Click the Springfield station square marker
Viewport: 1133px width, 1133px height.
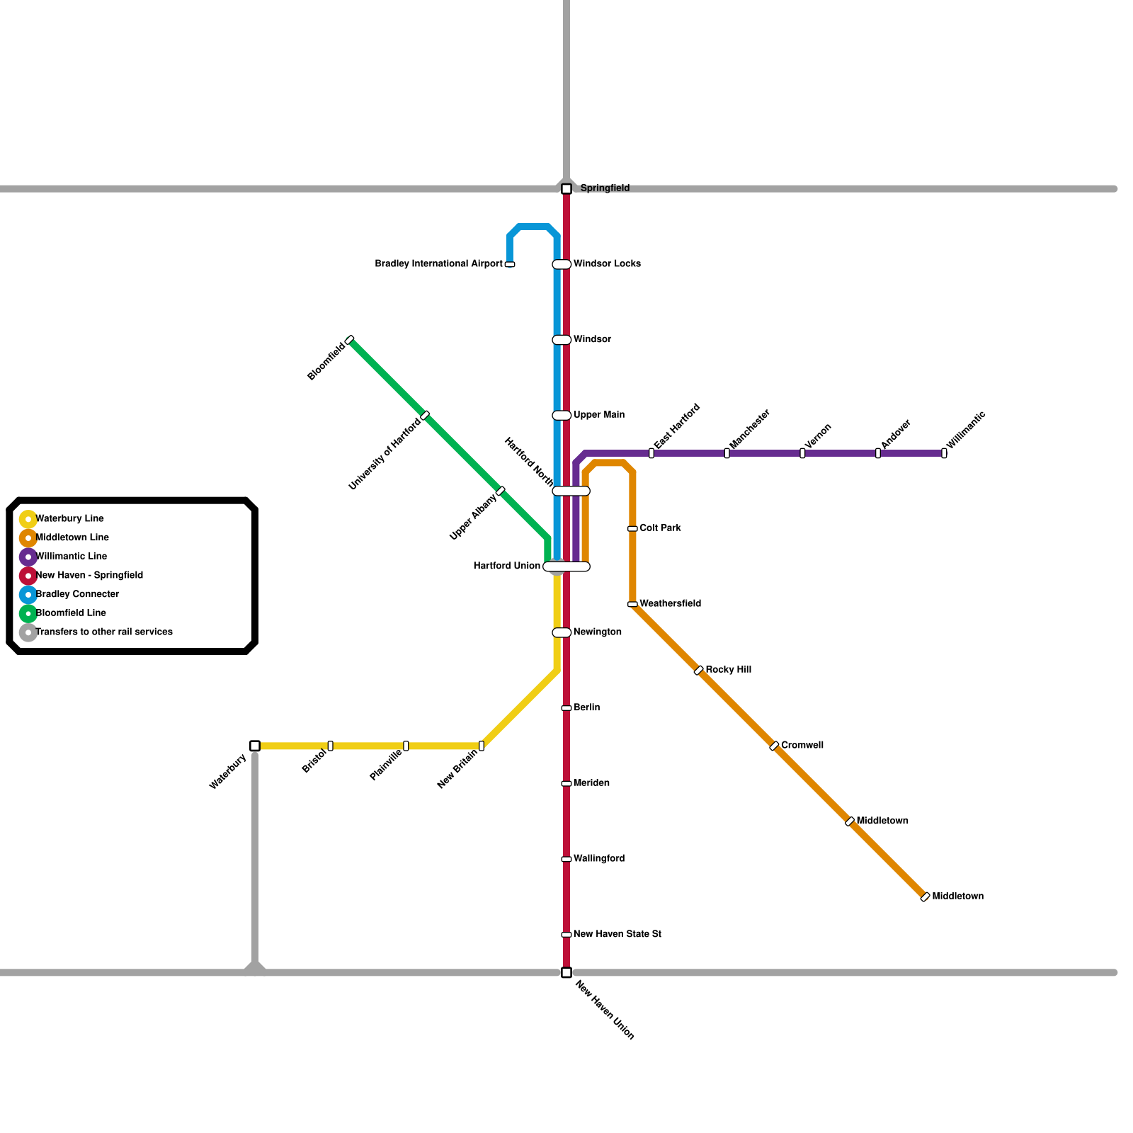tap(566, 189)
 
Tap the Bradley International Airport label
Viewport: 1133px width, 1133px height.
tap(438, 264)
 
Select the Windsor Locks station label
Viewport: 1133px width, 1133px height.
tap(607, 264)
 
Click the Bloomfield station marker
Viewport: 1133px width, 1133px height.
tap(350, 340)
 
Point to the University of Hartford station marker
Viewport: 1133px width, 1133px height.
tap(425, 415)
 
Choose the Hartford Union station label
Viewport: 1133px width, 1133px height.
tap(506, 566)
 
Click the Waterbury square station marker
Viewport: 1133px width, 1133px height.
tap(255, 746)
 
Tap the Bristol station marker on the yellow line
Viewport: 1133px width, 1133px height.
tap(331, 746)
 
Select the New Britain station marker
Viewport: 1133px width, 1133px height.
tap(482, 746)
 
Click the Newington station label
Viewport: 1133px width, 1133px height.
tap(598, 632)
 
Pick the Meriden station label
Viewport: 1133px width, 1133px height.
tap(591, 783)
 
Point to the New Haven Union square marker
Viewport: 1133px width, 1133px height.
tap(566, 972)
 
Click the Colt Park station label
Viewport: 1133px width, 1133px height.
tap(660, 528)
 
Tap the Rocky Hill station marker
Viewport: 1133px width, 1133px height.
tap(699, 670)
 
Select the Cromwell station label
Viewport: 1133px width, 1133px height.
tap(802, 746)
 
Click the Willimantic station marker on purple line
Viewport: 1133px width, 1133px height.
tap(944, 453)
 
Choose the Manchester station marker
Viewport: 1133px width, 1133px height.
tap(727, 453)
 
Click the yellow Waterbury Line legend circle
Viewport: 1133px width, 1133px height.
tap(28, 519)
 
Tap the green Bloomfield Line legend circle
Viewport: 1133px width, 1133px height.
tap(28, 613)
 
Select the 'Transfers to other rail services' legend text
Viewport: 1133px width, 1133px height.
tap(104, 632)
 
